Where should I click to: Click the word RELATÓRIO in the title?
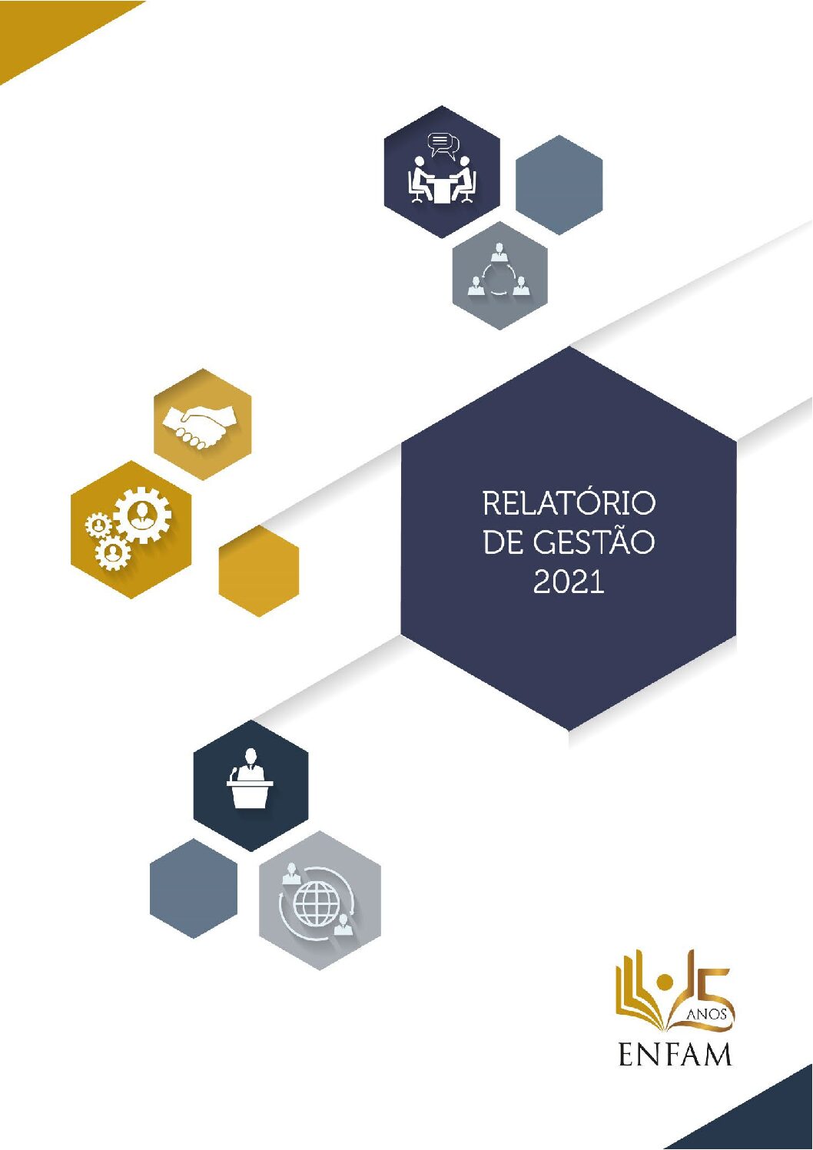569,504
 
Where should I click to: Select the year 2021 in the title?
569,582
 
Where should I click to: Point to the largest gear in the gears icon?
141,515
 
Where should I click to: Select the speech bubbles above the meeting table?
442,146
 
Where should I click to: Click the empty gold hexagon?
259,570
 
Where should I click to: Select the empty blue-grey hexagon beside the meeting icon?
559,185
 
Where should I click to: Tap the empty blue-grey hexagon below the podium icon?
194,889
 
